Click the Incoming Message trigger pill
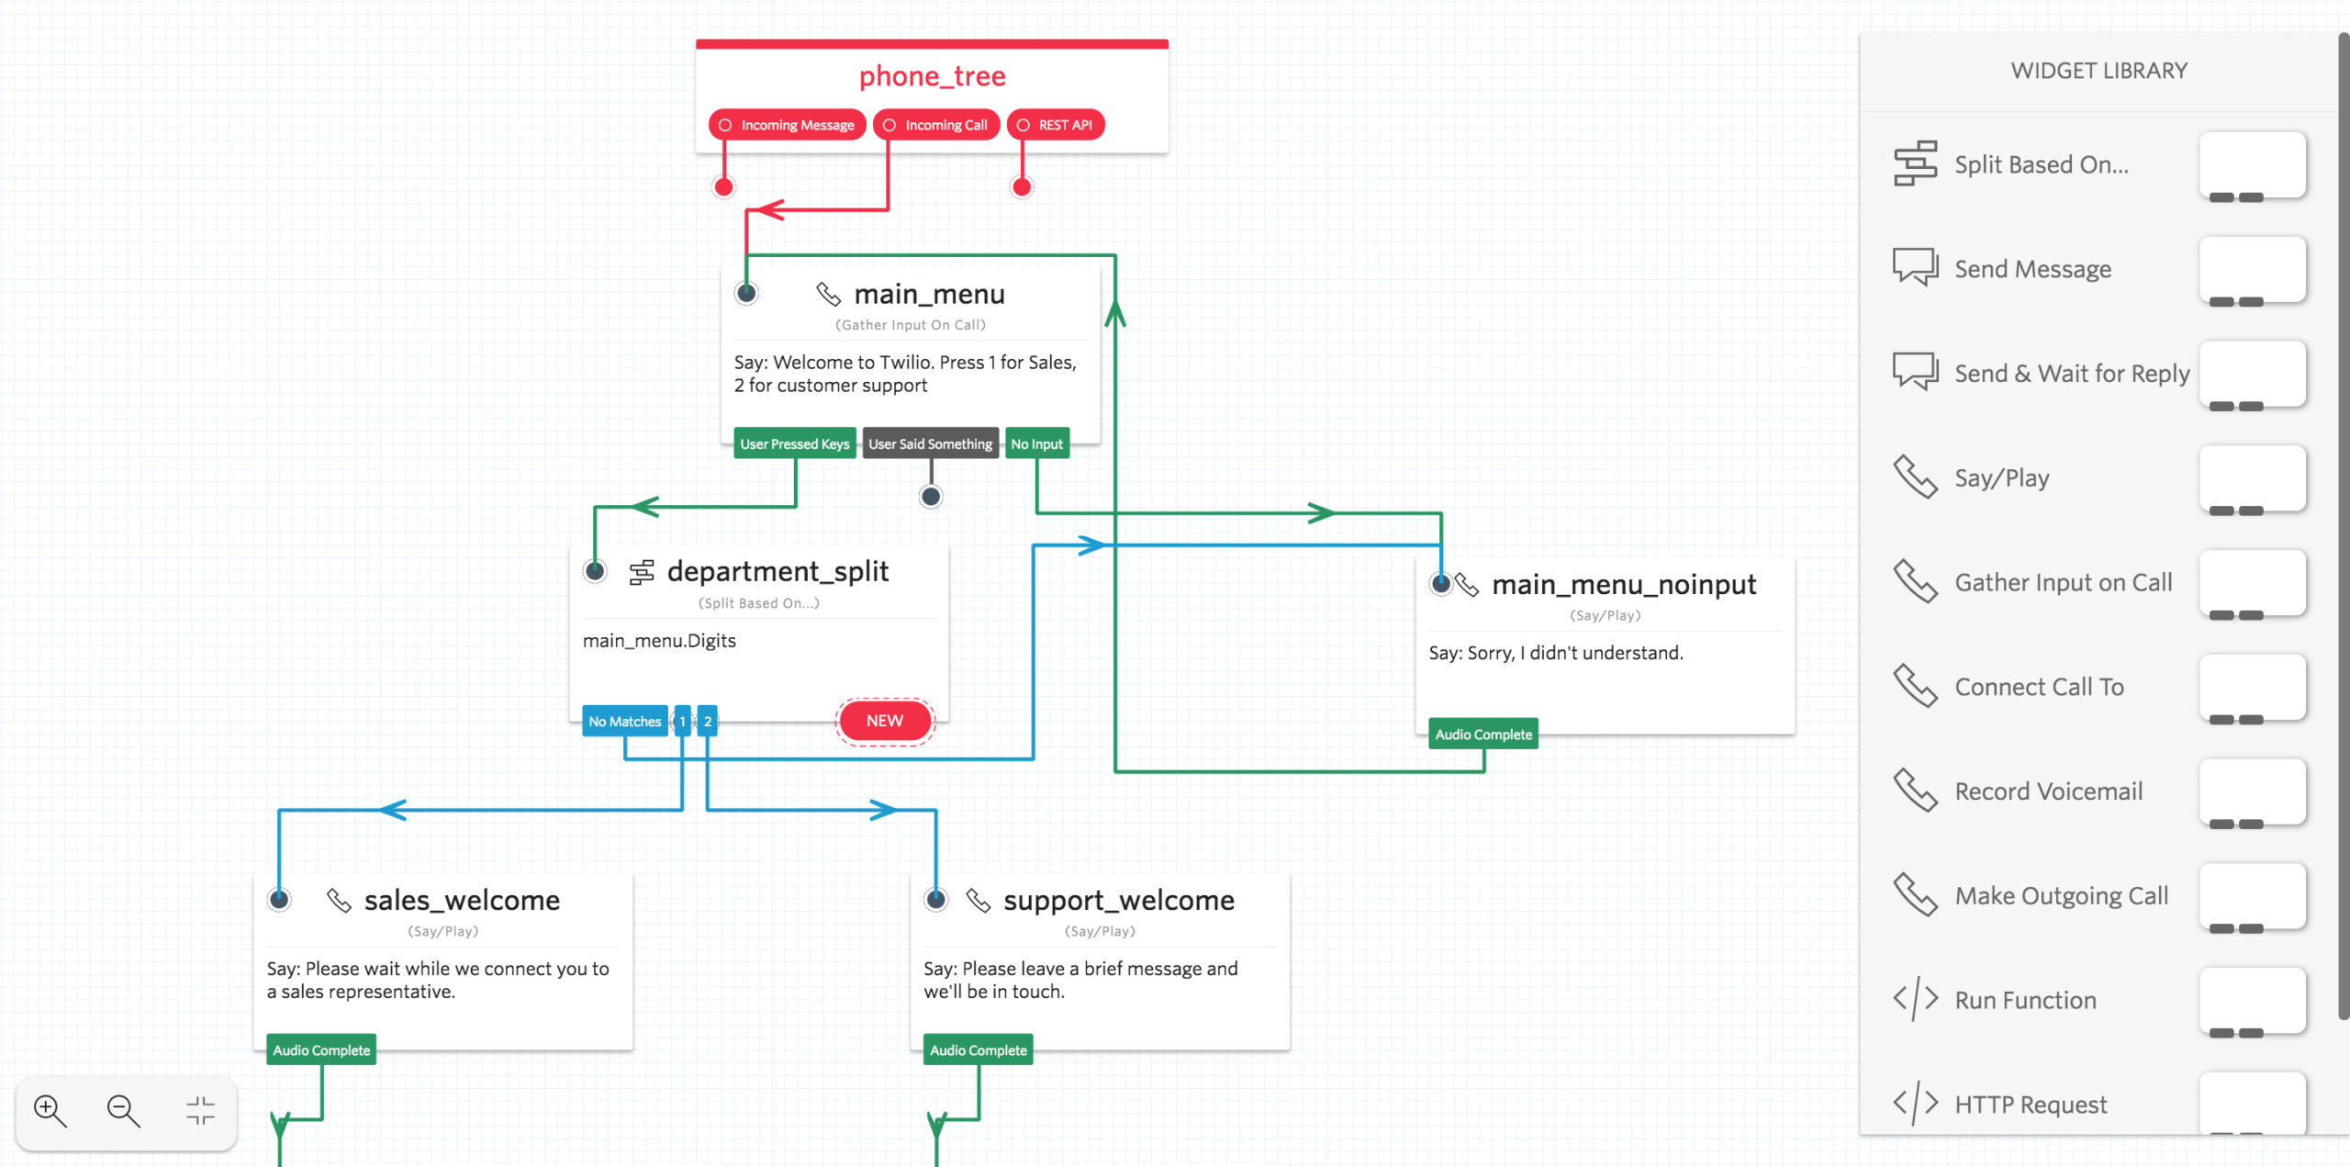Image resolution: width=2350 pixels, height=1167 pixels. coord(788,125)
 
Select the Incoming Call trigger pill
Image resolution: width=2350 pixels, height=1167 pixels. coord(936,125)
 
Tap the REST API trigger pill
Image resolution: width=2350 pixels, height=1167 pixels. coord(1056,125)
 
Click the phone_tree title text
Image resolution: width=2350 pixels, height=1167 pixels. coord(932,76)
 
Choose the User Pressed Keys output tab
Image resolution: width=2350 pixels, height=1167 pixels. coord(794,443)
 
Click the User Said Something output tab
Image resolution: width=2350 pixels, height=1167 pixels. coord(930,443)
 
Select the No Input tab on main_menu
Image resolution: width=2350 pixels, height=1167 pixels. coord(1036,443)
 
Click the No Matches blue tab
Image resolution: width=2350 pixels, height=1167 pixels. coord(624,722)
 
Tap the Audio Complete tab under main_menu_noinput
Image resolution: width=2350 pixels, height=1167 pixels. coord(1483,735)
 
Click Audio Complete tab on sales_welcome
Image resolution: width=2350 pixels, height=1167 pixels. coord(321,1050)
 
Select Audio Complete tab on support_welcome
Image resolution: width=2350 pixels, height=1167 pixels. coord(978,1050)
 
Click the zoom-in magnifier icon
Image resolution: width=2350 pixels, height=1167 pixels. coord(50,1111)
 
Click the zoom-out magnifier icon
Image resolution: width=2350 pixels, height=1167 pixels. coord(123,1111)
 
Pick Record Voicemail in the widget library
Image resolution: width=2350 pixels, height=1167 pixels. coord(2048,791)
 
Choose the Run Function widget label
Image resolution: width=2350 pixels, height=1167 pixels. coord(2025,1000)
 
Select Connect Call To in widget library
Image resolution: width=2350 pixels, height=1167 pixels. coord(2039,687)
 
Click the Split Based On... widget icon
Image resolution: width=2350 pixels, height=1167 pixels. coord(1915,163)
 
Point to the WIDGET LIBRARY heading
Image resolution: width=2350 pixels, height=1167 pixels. coord(2098,71)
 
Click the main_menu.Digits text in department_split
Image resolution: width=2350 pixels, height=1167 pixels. coord(659,641)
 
